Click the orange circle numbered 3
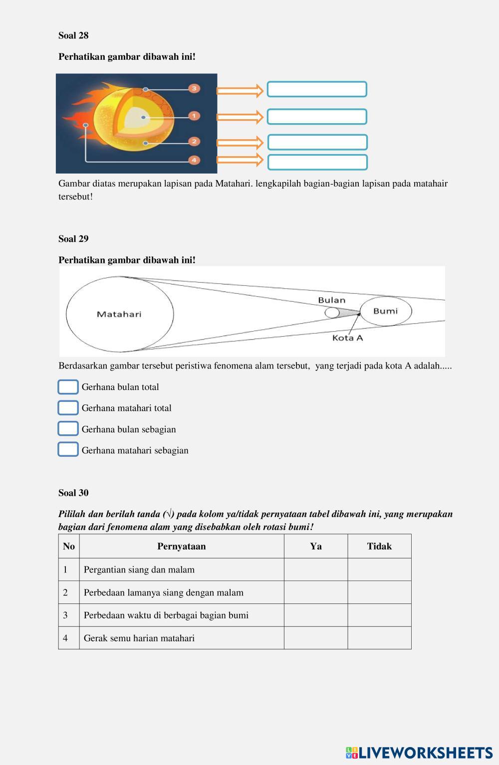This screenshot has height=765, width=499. pos(194,89)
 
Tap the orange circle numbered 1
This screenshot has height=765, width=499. pos(194,116)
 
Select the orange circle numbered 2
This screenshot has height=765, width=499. pos(194,142)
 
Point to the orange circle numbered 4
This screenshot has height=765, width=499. pos(194,160)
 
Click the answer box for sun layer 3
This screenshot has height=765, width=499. pos(317,89)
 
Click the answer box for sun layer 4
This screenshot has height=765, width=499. pos(317,162)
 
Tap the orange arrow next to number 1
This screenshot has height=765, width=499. pos(240,117)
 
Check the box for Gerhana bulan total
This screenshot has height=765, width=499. pos(68,387)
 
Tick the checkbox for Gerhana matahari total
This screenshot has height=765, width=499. pos(68,408)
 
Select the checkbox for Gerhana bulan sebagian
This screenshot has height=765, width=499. pos(68,429)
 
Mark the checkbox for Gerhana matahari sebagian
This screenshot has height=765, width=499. pos(68,450)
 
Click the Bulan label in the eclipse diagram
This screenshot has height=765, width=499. pos(332,300)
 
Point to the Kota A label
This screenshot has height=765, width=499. pos(347,338)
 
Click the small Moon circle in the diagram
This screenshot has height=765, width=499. pos(332,313)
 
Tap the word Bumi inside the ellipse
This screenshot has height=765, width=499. pos(386,311)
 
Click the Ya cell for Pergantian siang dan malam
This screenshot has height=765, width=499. pos(316,570)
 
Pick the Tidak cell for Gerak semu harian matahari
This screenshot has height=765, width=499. pos(379,638)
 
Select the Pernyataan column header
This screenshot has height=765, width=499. pos(182,547)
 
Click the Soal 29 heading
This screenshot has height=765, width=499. pos(73,239)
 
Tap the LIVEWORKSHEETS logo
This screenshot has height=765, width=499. pos(419,753)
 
